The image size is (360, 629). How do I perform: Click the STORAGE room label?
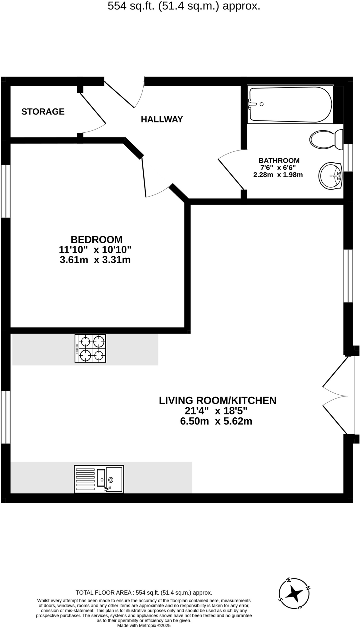click(43, 111)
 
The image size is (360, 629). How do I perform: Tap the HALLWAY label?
click(162, 119)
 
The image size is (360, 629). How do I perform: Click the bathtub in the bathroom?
click(290, 104)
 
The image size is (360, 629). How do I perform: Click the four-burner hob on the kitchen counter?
click(90, 348)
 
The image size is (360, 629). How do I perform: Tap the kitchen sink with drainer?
click(99, 479)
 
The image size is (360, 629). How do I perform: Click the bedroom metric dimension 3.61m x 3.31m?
click(95, 260)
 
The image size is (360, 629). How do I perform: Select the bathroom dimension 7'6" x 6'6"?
click(278, 168)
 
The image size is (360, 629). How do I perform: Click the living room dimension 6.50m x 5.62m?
click(216, 421)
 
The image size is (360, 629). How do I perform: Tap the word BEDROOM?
click(96, 239)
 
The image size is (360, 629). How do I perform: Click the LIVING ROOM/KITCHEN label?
click(218, 400)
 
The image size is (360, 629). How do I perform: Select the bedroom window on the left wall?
click(6, 191)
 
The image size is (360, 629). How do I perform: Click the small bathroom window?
click(348, 158)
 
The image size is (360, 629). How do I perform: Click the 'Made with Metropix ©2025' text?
click(144, 625)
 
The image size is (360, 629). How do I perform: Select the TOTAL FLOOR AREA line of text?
click(144, 593)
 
